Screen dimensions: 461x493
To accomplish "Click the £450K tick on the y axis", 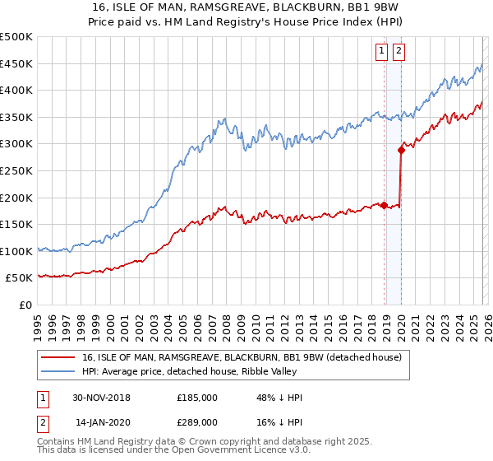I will point(17,63).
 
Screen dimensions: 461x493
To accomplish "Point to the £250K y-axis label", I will point(17,170).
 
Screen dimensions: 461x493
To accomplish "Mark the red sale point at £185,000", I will point(385,205).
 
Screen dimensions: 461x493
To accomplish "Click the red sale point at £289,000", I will point(401,150).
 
